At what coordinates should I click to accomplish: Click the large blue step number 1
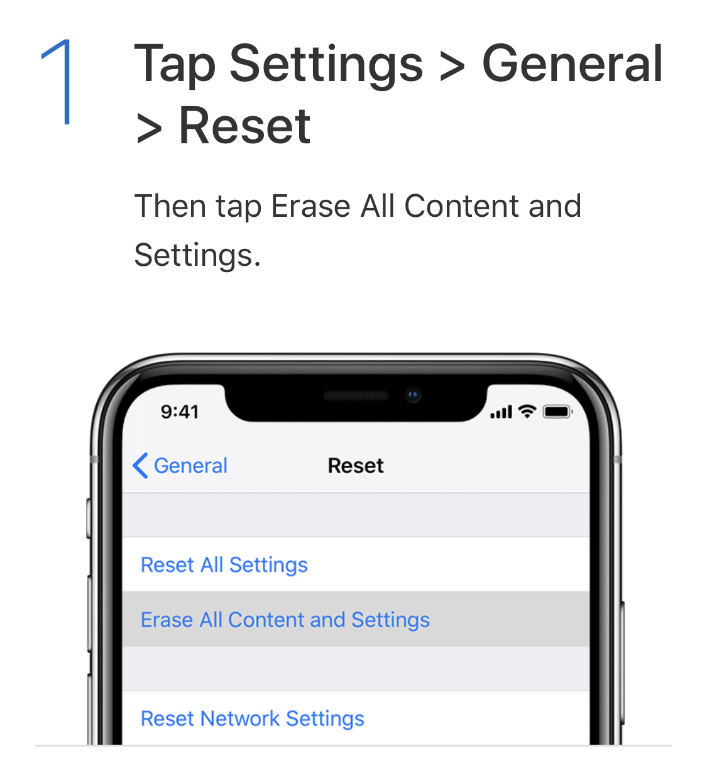[58, 82]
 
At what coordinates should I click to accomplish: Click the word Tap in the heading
[175, 65]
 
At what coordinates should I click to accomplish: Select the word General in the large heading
[572, 63]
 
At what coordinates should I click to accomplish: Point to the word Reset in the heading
[244, 126]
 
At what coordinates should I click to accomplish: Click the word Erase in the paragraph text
[310, 206]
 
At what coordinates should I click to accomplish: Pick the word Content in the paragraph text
[462, 206]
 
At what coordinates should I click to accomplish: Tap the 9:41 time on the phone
[180, 412]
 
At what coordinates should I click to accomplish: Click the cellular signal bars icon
[501, 412]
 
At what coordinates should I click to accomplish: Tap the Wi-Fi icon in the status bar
[527, 412]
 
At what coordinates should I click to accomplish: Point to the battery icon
[557, 412]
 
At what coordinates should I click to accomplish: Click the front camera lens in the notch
[414, 395]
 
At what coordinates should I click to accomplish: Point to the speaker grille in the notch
[356, 395]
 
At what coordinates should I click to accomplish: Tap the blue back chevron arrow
[140, 466]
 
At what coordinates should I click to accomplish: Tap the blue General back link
[190, 466]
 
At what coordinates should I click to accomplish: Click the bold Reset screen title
[356, 466]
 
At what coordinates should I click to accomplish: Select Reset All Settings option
[224, 565]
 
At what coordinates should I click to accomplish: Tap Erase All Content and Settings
[285, 620]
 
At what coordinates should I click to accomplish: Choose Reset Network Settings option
[252, 719]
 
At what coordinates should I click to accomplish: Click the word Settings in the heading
[326, 65]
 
